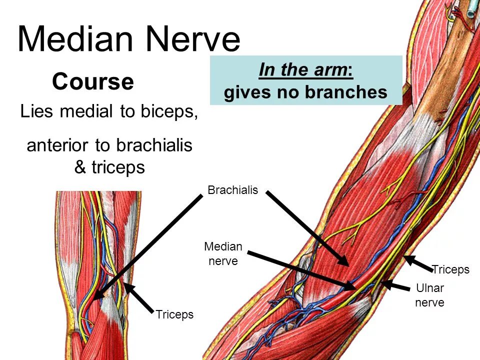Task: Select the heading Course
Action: pos(92,81)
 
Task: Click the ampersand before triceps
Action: pos(80,167)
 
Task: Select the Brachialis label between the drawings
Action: pos(232,190)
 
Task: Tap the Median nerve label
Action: pos(223,253)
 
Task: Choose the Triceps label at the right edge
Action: pos(450,270)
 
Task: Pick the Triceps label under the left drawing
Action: pos(174,315)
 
